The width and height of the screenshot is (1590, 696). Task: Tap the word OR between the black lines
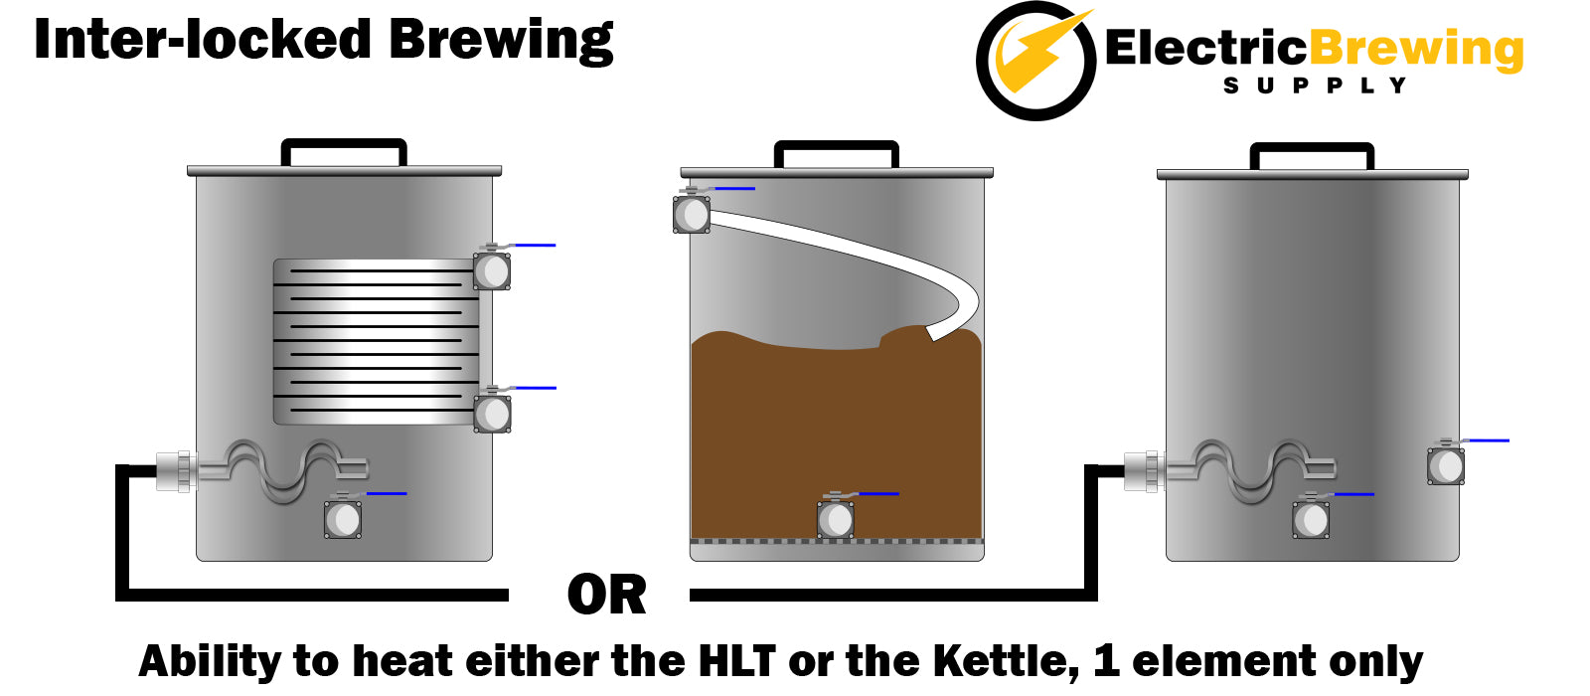[x=607, y=596]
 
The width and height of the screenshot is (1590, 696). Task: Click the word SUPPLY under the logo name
[x=1315, y=86]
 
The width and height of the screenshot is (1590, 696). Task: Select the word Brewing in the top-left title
[x=501, y=41]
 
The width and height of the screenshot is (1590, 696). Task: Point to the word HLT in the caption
[x=736, y=661]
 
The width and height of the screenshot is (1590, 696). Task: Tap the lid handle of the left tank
[x=344, y=151]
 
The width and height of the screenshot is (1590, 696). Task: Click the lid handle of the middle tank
[x=836, y=153]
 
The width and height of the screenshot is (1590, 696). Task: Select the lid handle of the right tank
[x=1312, y=155]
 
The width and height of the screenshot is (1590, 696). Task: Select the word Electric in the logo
[x=1206, y=49]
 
